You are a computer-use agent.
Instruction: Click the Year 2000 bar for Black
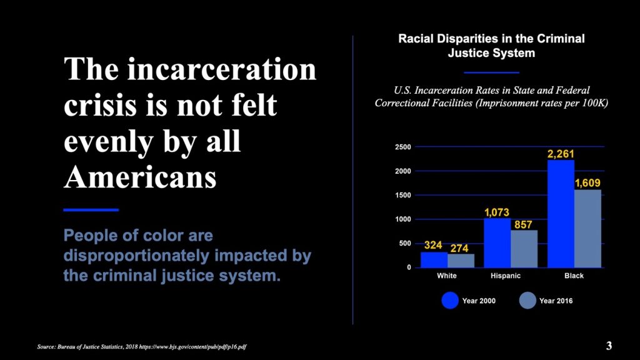561,214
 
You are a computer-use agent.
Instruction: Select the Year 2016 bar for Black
587,229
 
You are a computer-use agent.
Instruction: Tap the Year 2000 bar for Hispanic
497,243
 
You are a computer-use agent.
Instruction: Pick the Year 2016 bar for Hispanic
524,249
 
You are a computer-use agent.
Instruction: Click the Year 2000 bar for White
434,260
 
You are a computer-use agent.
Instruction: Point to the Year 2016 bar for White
461,261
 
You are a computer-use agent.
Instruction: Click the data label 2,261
561,154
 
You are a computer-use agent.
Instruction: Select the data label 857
523,224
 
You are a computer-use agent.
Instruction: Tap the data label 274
459,248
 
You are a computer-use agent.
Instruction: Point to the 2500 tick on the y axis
403,147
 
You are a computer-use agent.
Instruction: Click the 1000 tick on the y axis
403,219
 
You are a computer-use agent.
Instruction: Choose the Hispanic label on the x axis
505,276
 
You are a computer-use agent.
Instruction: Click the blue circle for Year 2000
450,301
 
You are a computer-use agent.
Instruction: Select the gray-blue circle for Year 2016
527,301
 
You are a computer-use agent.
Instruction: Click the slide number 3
609,346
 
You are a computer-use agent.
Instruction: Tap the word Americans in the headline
140,177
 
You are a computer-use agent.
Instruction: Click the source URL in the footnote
192,347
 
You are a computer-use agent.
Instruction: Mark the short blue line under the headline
91,210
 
